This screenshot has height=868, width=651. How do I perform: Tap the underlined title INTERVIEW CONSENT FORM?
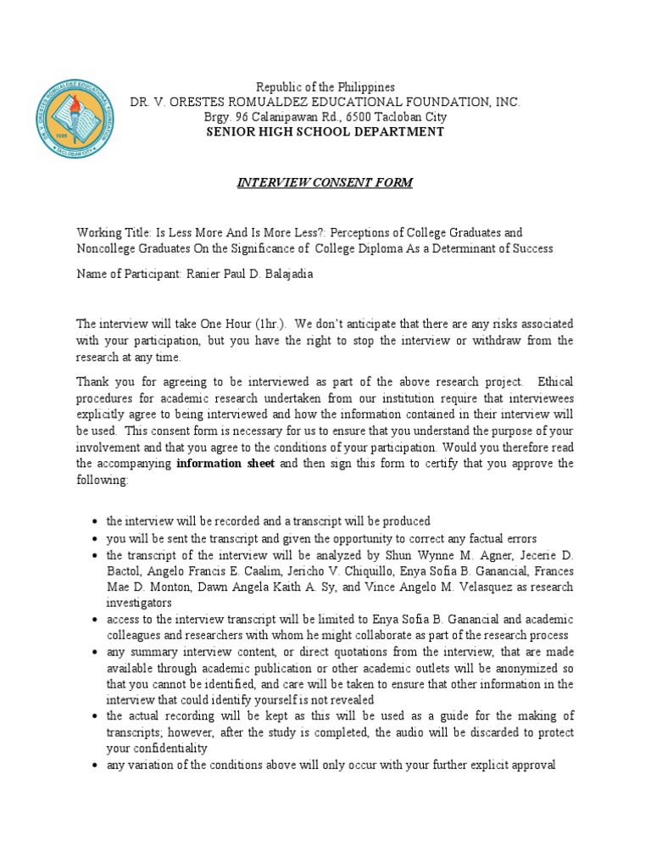click(x=325, y=183)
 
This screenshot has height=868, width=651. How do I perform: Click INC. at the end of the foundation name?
click(x=506, y=102)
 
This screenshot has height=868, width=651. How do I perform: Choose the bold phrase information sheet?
click(x=225, y=464)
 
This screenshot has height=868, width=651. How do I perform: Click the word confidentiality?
click(x=166, y=748)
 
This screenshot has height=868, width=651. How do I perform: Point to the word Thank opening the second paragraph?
click(x=94, y=381)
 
